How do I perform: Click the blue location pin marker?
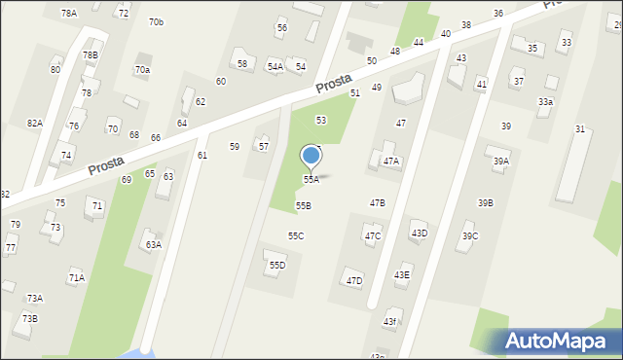point(311,156)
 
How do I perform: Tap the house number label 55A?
point(311,180)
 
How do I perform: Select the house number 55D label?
point(277,266)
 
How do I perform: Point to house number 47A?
point(390,162)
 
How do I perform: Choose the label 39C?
point(470,236)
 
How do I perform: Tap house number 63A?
point(153,245)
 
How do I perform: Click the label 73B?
point(30,319)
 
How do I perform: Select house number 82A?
point(35,124)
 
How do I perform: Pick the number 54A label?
point(275,67)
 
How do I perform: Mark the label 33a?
point(546,102)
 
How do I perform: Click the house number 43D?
point(419,234)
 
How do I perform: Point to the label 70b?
point(156,22)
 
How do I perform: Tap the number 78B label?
point(91,55)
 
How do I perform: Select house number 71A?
point(76,278)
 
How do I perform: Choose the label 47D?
point(354,281)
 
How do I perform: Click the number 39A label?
point(500,162)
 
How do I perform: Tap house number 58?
point(242,64)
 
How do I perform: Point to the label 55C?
point(296,236)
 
